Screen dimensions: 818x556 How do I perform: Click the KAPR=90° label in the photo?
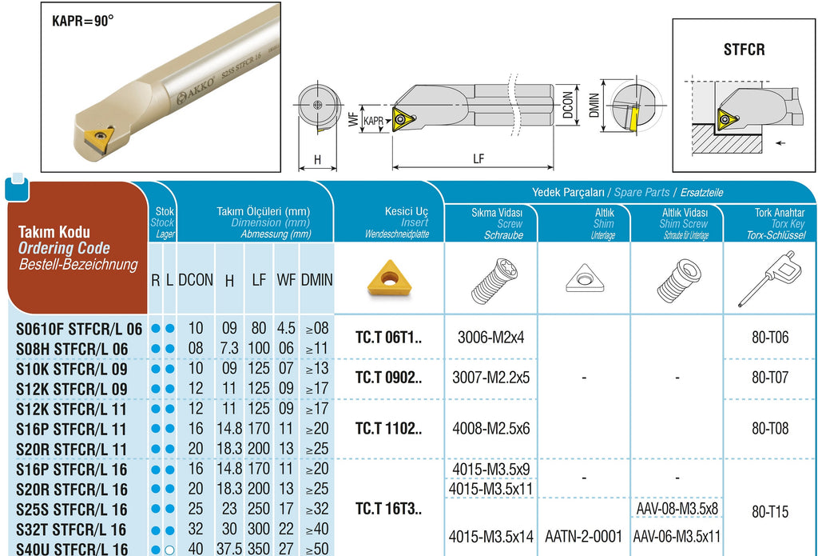point(83,21)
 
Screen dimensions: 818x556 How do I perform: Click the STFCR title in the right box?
point(744,50)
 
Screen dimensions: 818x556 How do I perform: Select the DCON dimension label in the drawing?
point(568,106)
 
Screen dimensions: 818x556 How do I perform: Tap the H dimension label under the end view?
point(318,159)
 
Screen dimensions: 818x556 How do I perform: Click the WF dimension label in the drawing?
point(353,118)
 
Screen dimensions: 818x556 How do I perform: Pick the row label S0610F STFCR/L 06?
point(79,329)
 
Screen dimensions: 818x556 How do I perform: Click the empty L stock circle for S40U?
point(169,550)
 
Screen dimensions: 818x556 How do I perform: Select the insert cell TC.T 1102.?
point(389,429)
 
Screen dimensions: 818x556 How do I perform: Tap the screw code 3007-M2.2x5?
point(490,378)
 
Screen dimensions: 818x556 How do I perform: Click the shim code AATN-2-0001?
point(583,536)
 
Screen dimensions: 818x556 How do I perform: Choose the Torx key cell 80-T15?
point(770,511)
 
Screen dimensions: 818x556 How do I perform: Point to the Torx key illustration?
point(768,278)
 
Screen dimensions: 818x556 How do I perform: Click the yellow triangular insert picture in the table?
point(389,278)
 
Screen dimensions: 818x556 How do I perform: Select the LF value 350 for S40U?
point(259,550)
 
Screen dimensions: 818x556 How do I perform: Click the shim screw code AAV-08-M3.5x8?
point(677,508)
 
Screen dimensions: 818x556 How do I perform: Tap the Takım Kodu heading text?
point(54,232)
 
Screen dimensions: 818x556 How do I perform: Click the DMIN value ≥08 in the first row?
point(317,328)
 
